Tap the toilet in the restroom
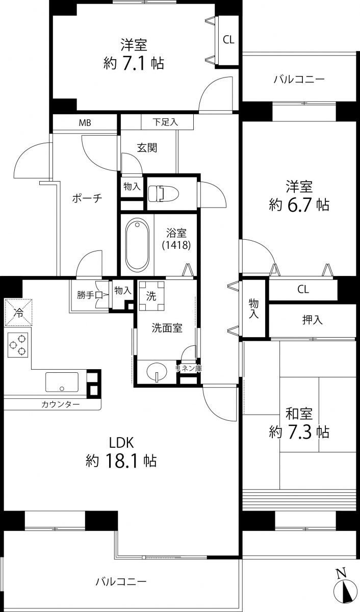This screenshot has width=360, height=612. (x=162, y=193)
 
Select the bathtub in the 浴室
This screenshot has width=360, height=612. (x=137, y=245)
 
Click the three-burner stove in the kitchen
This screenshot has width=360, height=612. (x=18, y=344)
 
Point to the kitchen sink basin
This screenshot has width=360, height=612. (x=62, y=381)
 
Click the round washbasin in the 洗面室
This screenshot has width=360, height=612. (x=156, y=372)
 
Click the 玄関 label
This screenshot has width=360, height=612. (x=147, y=148)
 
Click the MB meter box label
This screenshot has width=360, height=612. (x=85, y=123)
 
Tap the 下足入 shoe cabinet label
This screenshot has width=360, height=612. (x=166, y=122)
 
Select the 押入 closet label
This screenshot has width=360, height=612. (x=313, y=320)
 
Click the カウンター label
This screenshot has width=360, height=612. (x=61, y=404)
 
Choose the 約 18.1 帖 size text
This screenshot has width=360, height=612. (x=121, y=461)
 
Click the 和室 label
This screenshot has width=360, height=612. (x=299, y=413)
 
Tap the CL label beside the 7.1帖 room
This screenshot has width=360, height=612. (x=228, y=40)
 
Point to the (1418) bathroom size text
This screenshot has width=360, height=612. (x=176, y=245)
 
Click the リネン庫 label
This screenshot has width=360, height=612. (x=188, y=367)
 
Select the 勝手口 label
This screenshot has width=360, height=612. (x=90, y=294)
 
